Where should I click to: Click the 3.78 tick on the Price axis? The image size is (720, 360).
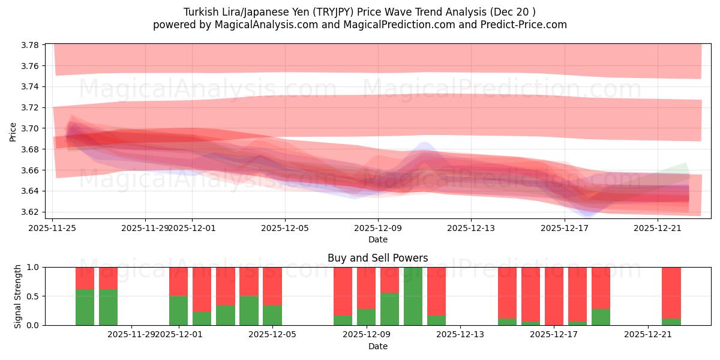31,45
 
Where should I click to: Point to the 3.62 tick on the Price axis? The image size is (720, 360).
31,212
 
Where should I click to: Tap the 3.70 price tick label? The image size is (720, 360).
31,128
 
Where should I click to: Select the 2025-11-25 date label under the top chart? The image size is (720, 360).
52,228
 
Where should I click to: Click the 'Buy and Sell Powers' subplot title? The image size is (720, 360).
377,258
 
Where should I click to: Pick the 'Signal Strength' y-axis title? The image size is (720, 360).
18,296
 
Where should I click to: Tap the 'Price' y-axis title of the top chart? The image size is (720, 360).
13,131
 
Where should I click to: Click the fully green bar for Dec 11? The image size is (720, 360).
413,296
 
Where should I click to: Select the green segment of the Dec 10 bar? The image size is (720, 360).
389,309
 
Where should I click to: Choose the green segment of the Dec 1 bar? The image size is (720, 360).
178,310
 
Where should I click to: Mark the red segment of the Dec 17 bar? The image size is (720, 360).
554,295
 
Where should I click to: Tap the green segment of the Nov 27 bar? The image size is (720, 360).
108,307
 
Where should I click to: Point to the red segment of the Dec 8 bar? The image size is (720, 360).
343,291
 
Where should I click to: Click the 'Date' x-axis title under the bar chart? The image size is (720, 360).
377,346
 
